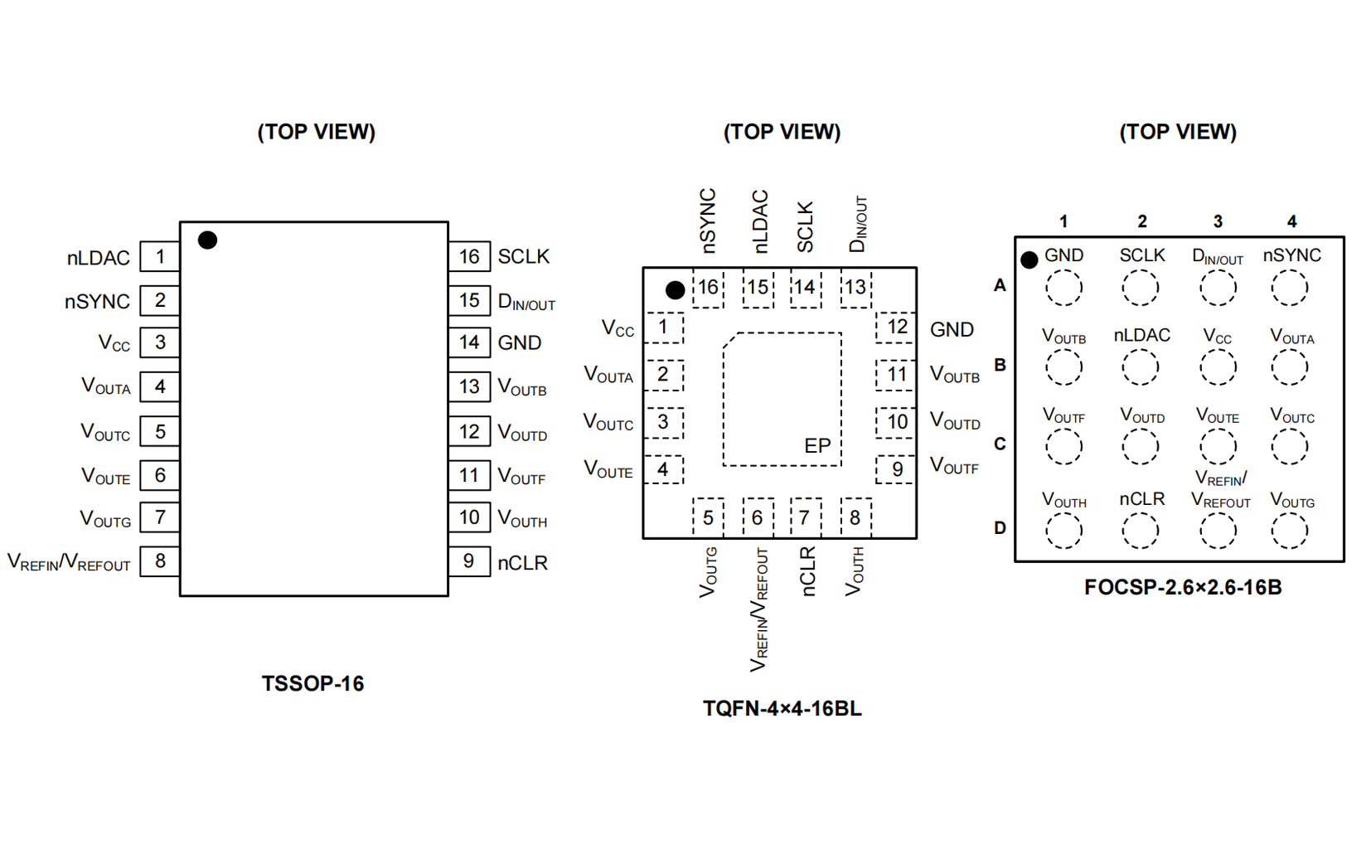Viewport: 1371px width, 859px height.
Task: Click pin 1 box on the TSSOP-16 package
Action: (160, 257)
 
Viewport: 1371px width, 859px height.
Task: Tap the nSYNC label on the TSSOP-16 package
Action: (97, 302)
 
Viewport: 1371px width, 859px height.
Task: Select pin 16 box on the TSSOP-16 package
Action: (469, 257)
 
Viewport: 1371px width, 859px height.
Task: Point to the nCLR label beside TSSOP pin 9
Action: (522, 563)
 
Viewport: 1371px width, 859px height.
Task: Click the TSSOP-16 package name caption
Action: (312, 684)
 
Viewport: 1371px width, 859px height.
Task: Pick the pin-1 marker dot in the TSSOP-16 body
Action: (207, 240)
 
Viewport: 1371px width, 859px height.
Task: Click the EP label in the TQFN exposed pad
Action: (817, 446)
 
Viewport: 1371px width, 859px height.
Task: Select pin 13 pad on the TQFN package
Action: (855, 288)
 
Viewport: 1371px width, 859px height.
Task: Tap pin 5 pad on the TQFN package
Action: (708, 518)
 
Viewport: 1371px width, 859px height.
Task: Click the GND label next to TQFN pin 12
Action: (952, 330)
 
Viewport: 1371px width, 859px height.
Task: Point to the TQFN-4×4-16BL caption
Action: (782, 709)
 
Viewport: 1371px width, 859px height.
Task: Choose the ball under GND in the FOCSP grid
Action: (1063, 288)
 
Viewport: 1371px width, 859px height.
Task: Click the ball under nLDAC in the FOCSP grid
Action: (1141, 367)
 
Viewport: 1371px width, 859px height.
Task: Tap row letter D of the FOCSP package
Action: (1000, 528)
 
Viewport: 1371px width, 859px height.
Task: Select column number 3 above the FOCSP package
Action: (1218, 221)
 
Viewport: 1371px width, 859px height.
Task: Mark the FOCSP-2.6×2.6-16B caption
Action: (1183, 588)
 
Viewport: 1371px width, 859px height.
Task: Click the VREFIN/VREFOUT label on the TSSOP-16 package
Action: (69, 562)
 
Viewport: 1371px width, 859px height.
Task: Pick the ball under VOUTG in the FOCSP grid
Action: (1290, 531)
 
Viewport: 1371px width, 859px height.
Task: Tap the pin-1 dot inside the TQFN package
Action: (675, 290)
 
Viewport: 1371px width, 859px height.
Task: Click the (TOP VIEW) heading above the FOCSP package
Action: (1178, 132)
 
